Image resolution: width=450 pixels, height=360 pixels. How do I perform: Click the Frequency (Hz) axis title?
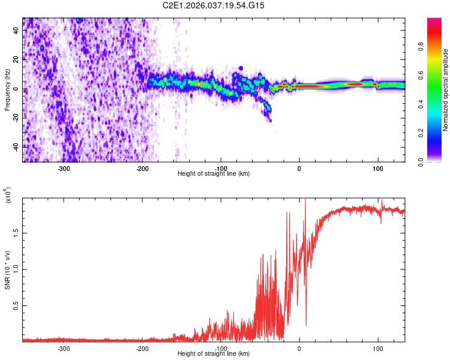[8, 90]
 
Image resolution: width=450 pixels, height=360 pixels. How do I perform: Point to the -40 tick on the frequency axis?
[16, 146]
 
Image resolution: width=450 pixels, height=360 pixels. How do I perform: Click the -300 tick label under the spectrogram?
[64, 169]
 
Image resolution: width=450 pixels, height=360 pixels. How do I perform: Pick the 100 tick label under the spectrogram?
[378, 169]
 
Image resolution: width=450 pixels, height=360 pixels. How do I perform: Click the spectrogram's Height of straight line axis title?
[214, 174]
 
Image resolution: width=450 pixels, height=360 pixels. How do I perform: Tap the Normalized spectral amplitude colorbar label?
[445, 90]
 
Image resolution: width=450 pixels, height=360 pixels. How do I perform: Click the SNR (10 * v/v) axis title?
[8, 269]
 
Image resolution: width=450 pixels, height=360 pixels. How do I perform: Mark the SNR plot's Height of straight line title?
[214, 354]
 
